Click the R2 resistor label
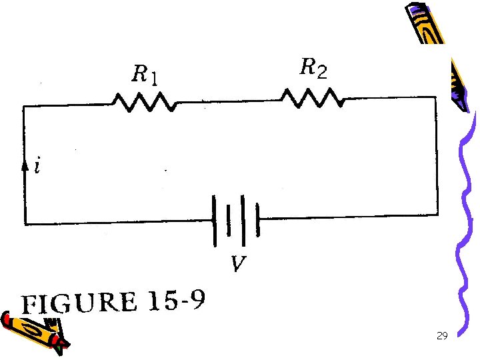pyautogui.click(x=313, y=68)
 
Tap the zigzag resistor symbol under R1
pyautogui.click(x=145, y=103)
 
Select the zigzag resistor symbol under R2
pyautogui.click(x=313, y=99)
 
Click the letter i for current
pyautogui.click(x=37, y=167)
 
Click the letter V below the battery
pyautogui.click(x=237, y=266)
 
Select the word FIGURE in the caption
pyautogui.click(x=79, y=303)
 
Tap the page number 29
pyautogui.click(x=441, y=336)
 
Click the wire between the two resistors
pyautogui.click(x=227, y=103)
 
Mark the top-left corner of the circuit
pyautogui.click(x=25, y=107)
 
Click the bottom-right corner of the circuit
pyautogui.click(x=437, y=215)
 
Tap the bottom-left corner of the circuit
pyautogui.click(x=25, y=223)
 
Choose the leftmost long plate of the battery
pyautogui.click(x=215, y=220)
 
